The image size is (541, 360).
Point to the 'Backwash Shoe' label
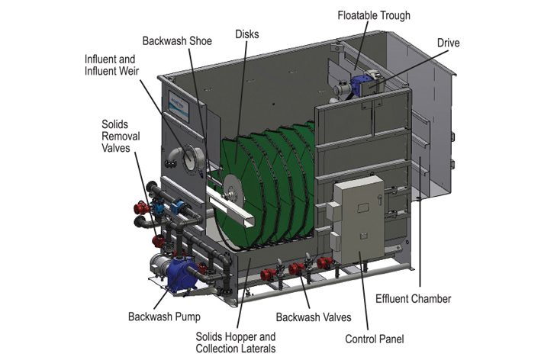(176, 40)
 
